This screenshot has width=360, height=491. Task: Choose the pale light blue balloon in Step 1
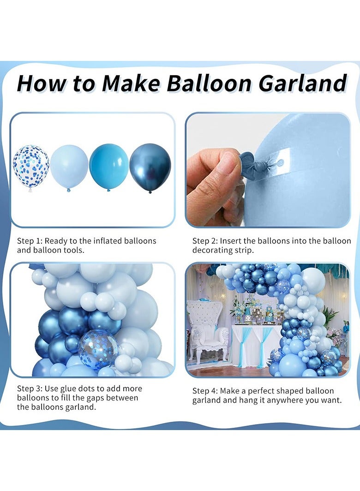[x=69, y=166]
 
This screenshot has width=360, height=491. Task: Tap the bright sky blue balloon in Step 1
[x=109, y=166]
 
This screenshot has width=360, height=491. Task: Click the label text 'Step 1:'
[x=30, y=241]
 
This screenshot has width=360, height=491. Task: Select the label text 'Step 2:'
[x=205, y=241]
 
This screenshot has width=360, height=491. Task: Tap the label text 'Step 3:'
[x=30, y=389]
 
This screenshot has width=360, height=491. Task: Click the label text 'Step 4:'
[x=205, y=391]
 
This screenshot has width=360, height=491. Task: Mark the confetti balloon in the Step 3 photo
[x=98, y=350]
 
